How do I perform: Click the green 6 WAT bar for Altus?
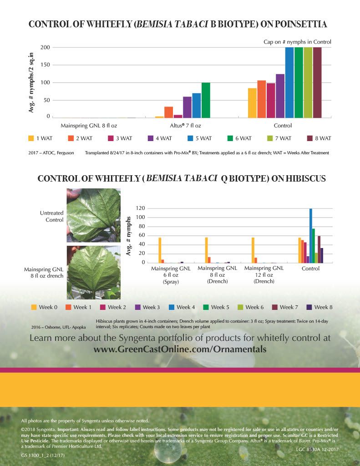click(x=206, y=100)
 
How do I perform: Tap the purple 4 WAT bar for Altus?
click(x=187, y=107)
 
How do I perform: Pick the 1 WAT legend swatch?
click(x=31, y=138)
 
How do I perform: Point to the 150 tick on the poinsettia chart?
click(x=45, y=65)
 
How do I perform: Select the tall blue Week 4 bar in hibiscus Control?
click(x=311, y=236)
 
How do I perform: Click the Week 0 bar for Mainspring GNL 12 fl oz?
click(x=253, y=250)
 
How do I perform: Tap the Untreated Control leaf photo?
click(x=93, y=215)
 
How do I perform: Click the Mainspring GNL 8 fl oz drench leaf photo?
click(x=93, y=272)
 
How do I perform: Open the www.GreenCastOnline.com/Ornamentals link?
click(x=180, y=349)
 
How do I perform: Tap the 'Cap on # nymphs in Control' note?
click(x=297, y=42)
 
